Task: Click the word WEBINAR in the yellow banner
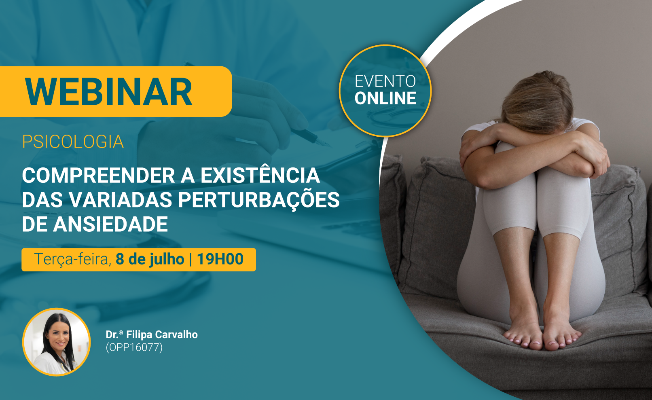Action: click(108, 92)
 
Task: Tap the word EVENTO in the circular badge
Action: click(385, 81)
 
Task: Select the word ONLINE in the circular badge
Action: click(385, 98)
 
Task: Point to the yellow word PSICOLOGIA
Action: click(73, 142)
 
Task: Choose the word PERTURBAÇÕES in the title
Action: click(259, 200)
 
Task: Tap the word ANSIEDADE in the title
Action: click(110, 224)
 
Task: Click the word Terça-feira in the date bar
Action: click(73, 259)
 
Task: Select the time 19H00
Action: click(220, 259)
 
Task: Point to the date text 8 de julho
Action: click(150, 259)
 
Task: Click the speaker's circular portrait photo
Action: click(57, 342)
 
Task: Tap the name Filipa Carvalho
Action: click(162, 334)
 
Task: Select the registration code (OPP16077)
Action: click(134, 347)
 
